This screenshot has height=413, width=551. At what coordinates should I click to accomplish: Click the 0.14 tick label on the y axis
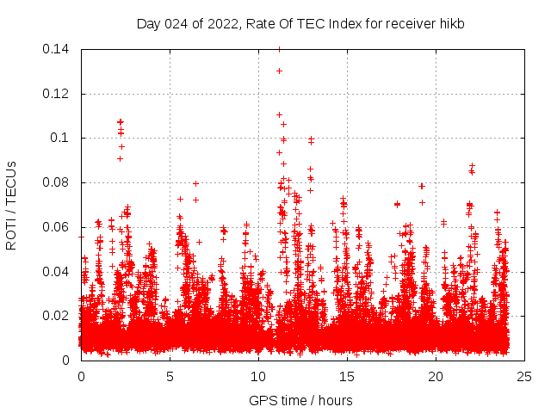(x=57, y=49)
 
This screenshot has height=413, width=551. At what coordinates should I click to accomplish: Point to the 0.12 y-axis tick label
(x=57, y=93)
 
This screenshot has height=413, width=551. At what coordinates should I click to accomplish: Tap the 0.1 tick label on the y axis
(x=60, y=138)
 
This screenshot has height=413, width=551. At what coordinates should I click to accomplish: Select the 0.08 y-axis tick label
(x=57, y=182)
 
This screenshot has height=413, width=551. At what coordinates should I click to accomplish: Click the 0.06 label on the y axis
(x=57, y=227)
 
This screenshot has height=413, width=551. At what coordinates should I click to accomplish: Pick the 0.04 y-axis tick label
(x=57, y=271)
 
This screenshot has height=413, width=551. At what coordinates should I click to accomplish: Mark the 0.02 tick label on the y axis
(x=57, y=316)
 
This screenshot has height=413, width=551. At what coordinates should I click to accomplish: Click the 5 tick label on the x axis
(x=170, y=376)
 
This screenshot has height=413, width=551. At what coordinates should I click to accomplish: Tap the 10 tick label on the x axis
(x=258, y=376)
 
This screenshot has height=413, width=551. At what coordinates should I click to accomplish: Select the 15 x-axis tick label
(x=347, y=376)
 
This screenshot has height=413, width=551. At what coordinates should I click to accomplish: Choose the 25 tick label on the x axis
(x=524, y=376)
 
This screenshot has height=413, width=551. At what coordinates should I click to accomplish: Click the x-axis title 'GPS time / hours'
(x=302, y=400)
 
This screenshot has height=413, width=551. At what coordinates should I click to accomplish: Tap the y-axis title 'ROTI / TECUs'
(x=11, y=205)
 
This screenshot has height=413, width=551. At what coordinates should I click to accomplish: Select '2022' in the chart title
(x=218, y=24)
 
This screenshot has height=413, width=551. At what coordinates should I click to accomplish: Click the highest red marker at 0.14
(x=279, y=49)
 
